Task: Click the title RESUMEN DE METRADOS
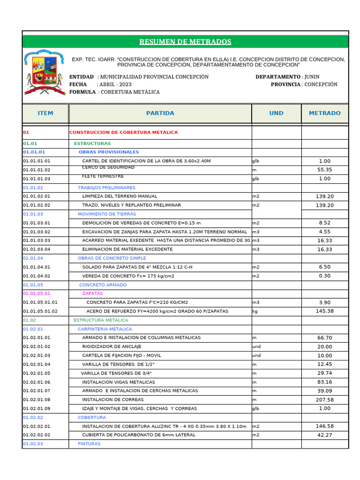(185, 42)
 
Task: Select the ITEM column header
(45, 113)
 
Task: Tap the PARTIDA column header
(160, 113)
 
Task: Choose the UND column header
(276, 113)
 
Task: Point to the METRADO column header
(324, 113)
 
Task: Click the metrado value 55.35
(324, 170)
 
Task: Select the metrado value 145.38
(324, 311)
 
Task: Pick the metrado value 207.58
(324, 400)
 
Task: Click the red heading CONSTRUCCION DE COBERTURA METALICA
(124, 133)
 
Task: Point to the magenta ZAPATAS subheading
(92, 293)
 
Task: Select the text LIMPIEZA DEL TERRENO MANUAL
(120, 196)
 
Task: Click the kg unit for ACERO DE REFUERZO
(255, 311)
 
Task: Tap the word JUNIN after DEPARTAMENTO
(312, 77)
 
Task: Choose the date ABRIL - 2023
(115, 84)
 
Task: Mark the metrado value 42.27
(324, 435)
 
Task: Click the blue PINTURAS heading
(89, 444)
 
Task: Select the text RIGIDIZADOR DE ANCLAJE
(112, 346)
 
